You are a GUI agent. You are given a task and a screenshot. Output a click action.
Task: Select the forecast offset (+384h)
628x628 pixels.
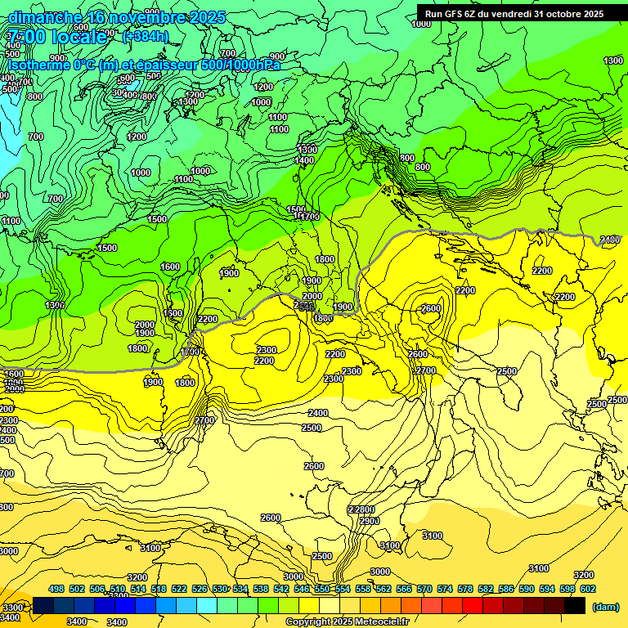click(x=145, y=36)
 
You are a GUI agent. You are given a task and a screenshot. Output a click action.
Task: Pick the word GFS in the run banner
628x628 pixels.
click(x=457, y=13)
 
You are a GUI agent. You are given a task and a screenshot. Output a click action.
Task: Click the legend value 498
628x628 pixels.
click(x=56, y=589)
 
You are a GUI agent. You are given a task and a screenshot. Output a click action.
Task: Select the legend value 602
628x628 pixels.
click(x=588, y=589)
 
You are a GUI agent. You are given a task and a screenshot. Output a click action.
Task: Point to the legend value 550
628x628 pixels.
click(x=322, y=589)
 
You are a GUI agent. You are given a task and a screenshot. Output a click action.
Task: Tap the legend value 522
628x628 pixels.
click(x=179, y=589)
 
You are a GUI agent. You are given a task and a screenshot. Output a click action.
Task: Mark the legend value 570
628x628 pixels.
click(x=424, y=589)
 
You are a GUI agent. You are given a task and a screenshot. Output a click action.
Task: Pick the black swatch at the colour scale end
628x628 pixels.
click(x=575, y=605)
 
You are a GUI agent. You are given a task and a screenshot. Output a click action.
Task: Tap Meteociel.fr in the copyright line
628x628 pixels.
click(x=392, y=622)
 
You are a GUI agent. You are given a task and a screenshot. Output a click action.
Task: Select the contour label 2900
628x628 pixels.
click(x=369, y=521)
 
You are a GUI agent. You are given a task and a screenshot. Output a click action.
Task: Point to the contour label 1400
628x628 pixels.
click(x=304, y=161)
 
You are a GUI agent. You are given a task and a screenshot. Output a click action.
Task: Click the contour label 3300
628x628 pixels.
click(x=12, y=608)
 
